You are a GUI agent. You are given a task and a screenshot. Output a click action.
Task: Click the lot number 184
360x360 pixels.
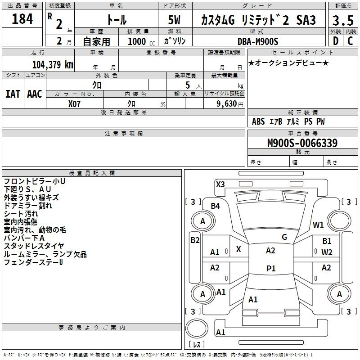pos(22,18)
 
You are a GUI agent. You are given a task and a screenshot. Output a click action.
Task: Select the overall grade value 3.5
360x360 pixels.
pos(343,20)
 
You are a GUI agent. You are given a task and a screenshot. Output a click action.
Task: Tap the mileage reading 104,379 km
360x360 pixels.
pos(53,65)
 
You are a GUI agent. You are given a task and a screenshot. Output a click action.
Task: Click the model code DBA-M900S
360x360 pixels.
pos(258,41)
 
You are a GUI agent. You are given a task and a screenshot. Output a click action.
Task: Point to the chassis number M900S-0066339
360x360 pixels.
pos(302,143)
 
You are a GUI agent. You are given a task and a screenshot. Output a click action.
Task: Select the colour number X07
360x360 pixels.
pos(74,104)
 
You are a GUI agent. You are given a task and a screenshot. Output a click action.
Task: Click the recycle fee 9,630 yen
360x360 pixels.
pos(230,104)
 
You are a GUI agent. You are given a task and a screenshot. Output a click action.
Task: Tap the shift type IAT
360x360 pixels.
pos(13,94)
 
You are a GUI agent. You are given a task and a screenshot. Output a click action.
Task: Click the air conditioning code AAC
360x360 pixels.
pos(35,94)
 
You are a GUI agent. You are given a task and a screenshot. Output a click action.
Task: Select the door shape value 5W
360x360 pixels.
pos(174,20)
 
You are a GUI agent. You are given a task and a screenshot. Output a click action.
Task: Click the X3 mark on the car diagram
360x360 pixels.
pos(220,184)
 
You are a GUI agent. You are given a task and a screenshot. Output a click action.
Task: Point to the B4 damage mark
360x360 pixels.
pos(215,206)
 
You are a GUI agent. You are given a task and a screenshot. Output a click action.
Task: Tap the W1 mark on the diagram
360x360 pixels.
pos(318,225)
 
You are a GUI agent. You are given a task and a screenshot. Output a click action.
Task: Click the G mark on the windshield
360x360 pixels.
pos(284,237)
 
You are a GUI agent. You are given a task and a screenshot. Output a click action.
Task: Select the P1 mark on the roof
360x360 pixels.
pos(271,268)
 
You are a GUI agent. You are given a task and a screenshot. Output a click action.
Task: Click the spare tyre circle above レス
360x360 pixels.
pos(197,328)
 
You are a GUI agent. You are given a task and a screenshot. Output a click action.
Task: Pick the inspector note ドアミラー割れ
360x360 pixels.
pos(28,206)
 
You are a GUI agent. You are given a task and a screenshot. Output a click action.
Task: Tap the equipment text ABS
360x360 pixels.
pos(258,121)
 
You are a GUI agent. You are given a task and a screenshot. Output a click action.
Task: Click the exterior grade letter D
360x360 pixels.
pos(336,41)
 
